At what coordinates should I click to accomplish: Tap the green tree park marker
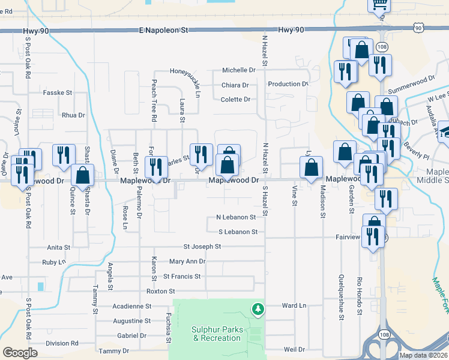(258, 309)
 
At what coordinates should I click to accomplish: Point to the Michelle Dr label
(239, 70)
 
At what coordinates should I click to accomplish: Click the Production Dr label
(288, 84)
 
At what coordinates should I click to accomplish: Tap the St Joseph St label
(202, 247)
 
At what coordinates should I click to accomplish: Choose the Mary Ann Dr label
(187, 262)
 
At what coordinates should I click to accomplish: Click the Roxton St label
(160, 291)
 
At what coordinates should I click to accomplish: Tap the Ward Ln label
(294, 305)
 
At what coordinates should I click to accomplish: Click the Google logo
(20, 353)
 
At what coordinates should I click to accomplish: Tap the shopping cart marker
(379, 5)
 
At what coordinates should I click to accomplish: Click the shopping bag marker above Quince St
(83, 175)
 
